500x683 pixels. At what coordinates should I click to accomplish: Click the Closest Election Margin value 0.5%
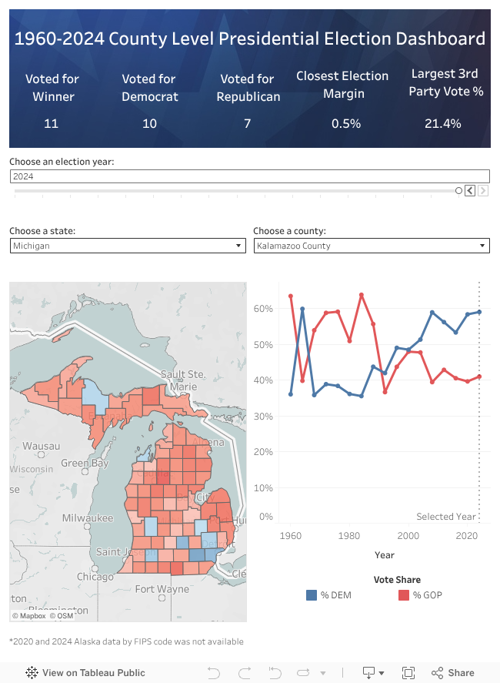tap(345, 123)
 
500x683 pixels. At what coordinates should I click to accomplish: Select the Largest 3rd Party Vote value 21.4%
tap(443, 123)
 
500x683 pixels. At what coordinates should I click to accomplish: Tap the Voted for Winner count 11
tap(51, 123)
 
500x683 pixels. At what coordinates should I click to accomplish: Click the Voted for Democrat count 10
tap(149, 123)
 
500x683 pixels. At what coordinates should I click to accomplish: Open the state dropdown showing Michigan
tap(128, 246)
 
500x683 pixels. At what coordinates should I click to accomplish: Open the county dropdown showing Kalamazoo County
tap(372, 246)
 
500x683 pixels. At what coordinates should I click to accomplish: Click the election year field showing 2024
tap(249, 176)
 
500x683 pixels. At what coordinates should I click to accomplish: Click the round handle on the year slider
tap(458, 191)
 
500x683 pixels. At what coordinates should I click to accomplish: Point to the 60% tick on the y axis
tap(263, 309)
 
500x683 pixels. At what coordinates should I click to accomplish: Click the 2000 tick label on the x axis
tap(408, 536)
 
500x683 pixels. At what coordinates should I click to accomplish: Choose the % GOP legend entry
tap(419, 594)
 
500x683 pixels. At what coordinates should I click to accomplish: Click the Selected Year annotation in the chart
tap(446, 517)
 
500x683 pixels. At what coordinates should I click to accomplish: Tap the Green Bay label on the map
tap(85, 464)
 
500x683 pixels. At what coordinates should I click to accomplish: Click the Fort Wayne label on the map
tap(162, 589)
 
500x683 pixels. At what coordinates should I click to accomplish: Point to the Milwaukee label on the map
tap(88, 518)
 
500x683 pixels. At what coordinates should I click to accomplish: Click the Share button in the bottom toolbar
tap(453, 672)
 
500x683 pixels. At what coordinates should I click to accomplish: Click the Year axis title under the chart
tap(385, 554)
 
